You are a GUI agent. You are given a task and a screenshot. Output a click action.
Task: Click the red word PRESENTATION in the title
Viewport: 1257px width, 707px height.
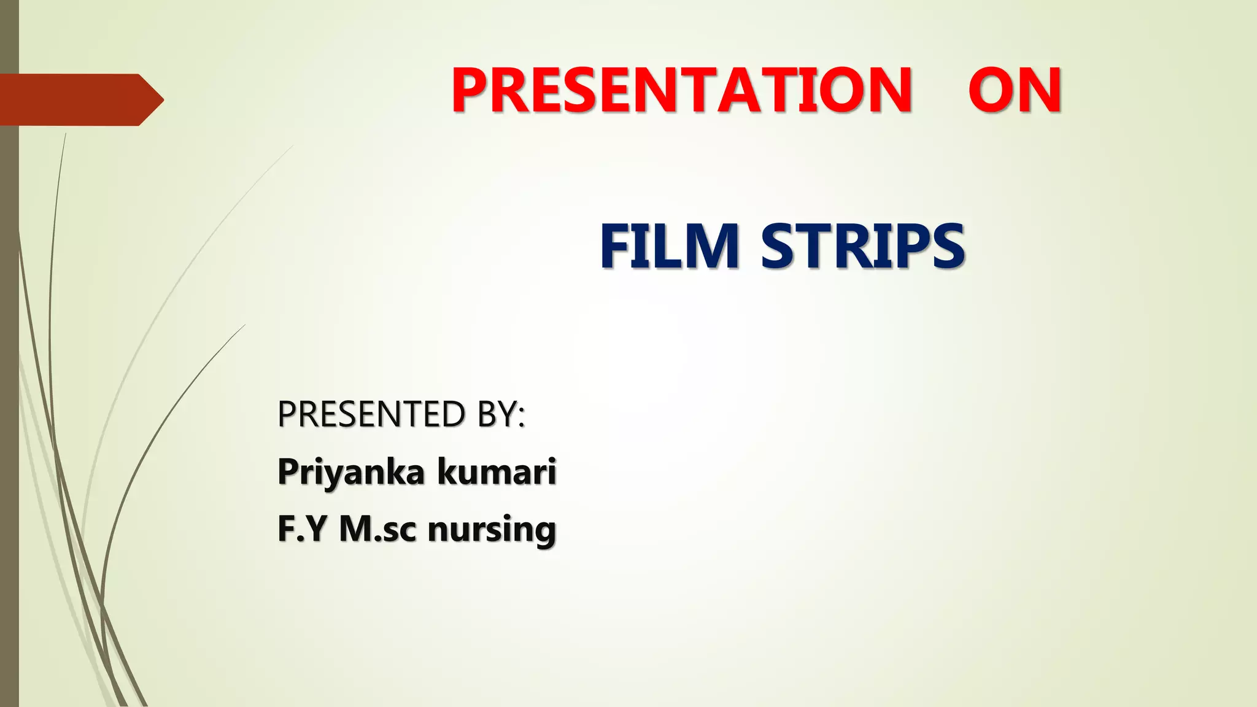681,90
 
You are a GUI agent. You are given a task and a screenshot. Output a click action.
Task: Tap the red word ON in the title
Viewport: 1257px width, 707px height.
1015,90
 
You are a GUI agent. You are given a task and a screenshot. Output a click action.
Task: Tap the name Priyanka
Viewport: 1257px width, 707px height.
351,472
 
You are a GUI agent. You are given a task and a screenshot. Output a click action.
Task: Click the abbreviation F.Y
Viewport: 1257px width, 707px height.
301,528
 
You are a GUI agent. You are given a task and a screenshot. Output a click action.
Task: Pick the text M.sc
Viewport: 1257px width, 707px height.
377,528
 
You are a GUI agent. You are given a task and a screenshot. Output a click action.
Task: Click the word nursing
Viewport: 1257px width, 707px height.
492,530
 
